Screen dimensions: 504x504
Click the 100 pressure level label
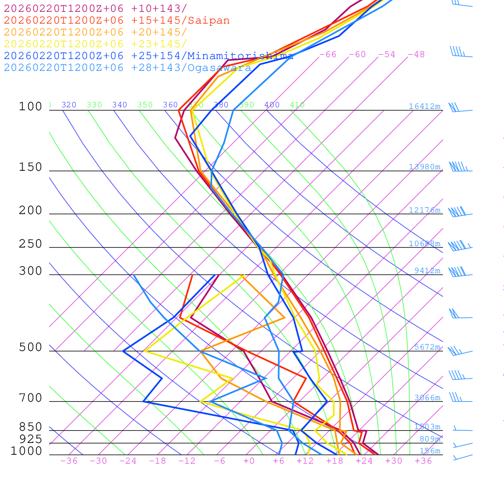tap(31, 106)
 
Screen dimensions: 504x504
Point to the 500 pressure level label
tap(31, 347)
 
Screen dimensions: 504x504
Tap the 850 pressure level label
tap(31, 427)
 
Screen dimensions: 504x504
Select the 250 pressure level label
tap(31, 244)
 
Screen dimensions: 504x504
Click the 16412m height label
tap(425, 106)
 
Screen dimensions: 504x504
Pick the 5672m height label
tap(427, 347)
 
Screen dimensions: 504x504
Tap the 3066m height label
tap(427, 398)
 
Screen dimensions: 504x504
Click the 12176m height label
tap(425, 210)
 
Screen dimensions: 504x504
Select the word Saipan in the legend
tap(208, 21)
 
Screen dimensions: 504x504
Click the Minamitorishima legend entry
tap(240, 56)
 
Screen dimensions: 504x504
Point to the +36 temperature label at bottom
tap(423, 461)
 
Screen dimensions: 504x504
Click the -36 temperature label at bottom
tap(68, 461)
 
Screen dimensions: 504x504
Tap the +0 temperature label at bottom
tap(249, 461)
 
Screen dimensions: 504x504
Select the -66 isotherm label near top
tap(328, 55)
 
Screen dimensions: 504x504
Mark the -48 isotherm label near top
tap(416, 55)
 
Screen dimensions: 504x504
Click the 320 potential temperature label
tap(69, 105)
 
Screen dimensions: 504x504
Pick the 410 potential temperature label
tap(297, 105)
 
